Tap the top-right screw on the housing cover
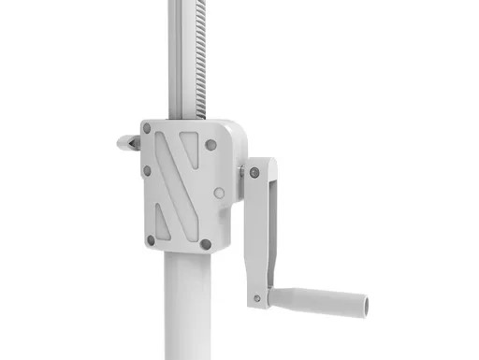pos(211,145)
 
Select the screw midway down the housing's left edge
pos(147,171)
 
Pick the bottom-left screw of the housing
pos(151,240)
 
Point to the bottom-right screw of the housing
pos(206,245)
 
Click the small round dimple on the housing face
pos(218,194)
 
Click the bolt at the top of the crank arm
pos(254,172)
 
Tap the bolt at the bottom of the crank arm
pos(257,299)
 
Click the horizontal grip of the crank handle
pos(318,301)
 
